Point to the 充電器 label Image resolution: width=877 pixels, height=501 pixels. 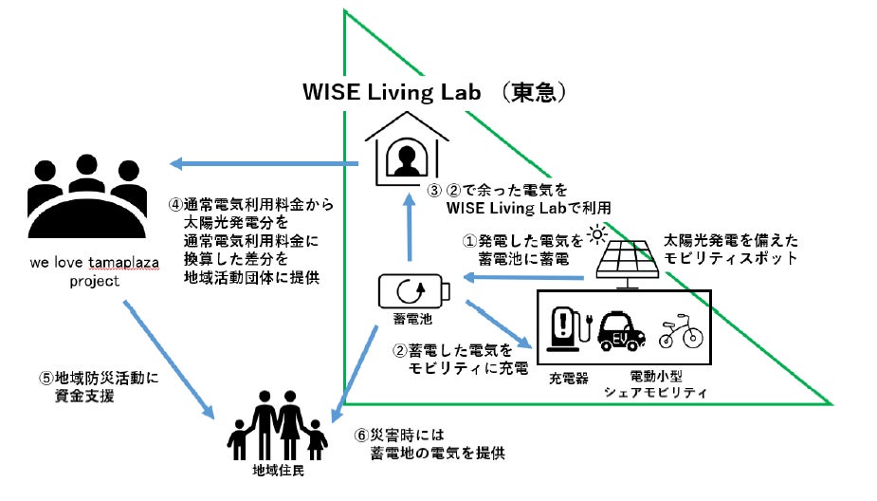[569, 378]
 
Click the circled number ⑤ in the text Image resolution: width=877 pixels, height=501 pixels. [46, 377]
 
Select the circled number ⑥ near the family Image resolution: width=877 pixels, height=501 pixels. [361, 436]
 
